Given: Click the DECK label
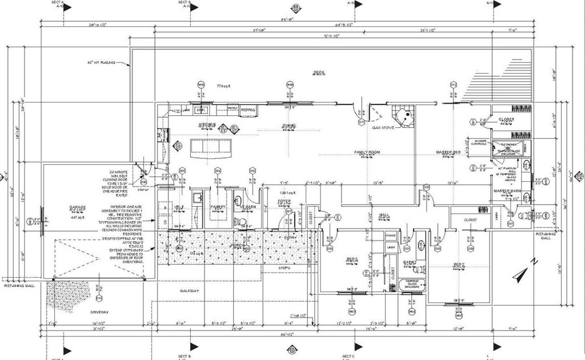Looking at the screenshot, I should [318, 73].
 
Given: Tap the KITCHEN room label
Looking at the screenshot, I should [206, 124].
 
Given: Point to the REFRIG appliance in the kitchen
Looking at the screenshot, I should [248, 109].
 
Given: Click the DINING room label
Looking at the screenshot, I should [288, 125].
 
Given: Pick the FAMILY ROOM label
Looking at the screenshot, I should [367, 153].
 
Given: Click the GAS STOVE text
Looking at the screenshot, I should [384, 127].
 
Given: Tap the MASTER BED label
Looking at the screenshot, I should [448, 153].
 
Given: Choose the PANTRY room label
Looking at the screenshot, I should [219, 207].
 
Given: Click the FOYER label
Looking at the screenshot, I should [285, 202].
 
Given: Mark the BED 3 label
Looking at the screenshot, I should [352, 259].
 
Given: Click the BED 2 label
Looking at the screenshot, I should [458, 263].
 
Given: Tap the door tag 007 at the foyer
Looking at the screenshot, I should [289, 211].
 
